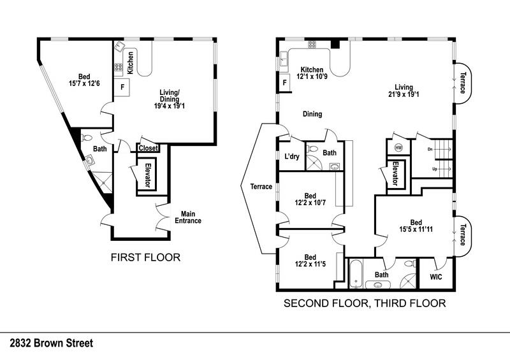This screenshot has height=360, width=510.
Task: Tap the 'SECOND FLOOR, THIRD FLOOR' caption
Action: click(x=364, y=303)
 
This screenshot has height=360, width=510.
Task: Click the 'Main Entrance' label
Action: click(x=191, y=217)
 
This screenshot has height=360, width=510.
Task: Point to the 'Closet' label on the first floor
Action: click(x=148, y=148)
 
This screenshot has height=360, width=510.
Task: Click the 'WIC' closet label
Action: click(x=436, y=277)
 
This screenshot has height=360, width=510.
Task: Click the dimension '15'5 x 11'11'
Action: click(x=412, y=229)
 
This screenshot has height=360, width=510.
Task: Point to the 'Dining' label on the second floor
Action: click(x=312, y=115)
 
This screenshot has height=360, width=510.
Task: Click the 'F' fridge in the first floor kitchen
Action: click(x=122, y=85)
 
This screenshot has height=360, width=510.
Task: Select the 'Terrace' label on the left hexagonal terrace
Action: click(x=262, y=187)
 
